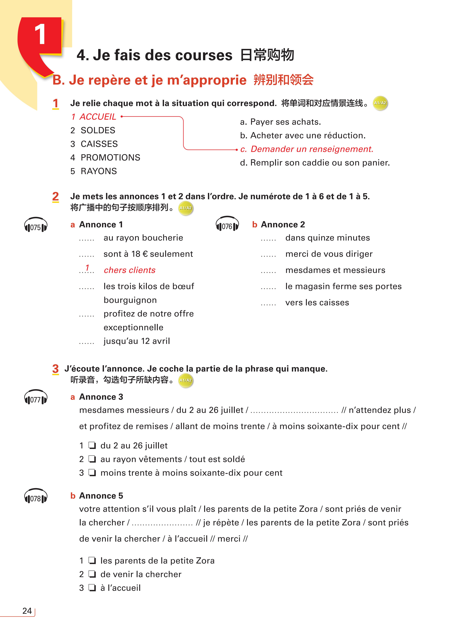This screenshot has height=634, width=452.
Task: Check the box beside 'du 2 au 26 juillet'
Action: (x=92, y=446)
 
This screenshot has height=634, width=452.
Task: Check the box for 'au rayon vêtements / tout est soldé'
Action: (x=92, y=459)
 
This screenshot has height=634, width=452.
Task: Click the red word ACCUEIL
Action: (x=98, y=117)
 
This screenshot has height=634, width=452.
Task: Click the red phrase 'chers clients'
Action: (x=129, y=270)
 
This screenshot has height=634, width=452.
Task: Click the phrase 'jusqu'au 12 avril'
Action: (x=137, y=341)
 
